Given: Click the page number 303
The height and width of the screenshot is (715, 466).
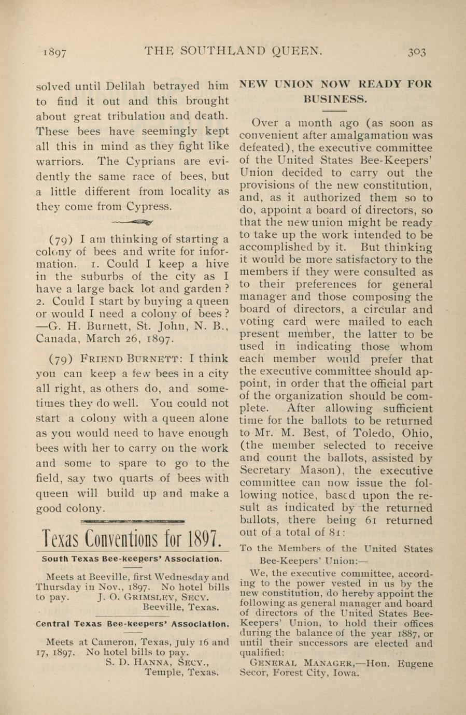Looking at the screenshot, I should [416, 51].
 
